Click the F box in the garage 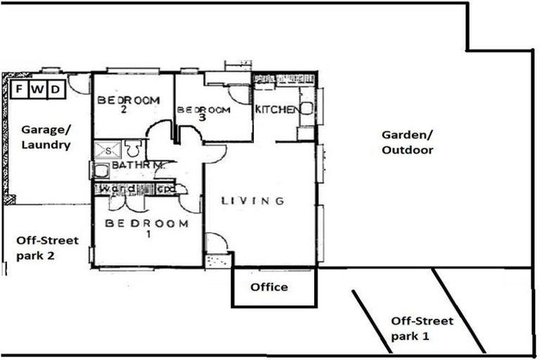(x=20, y=89)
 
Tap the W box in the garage (x=38, y=89)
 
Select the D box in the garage (x=56, y=89)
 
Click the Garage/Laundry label (x=45, y=138)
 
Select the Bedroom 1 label (x=146, y=229)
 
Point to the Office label (x=269, y=287)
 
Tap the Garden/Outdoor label (x=407, y=142)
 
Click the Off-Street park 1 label (x=422, y=328)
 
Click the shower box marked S (x=108, y=149)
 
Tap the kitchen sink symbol (x=307, y=108)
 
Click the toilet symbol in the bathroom (x=131, y=148)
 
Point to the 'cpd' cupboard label (x=166, y=189)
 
